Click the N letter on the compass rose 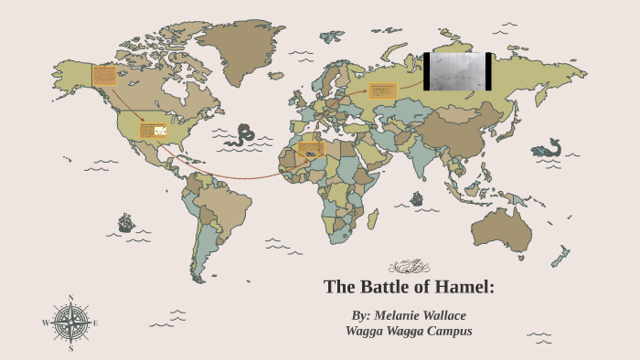(70, 298)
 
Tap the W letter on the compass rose (45, 323)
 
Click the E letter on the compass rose (96, 323)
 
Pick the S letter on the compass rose (70, 348)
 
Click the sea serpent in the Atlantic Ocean (242, 135)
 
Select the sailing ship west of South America (126, 222)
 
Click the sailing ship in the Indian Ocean (417, 198)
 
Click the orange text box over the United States (153, 130)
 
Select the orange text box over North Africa (311, 149)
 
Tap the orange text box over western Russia (383, 90)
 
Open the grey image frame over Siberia (457, 71)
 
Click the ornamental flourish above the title (409, 266)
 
